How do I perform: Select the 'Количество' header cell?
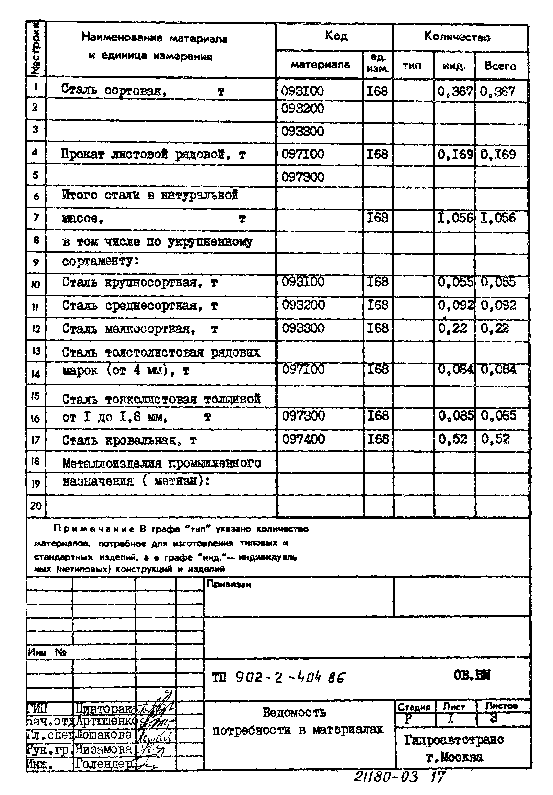point(457,37)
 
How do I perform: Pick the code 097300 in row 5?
point(302,177)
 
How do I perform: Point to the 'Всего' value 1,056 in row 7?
point(497,218)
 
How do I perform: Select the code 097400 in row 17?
point(303,439)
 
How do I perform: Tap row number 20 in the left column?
point(36,506)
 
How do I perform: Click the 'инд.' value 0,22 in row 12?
point(452,328)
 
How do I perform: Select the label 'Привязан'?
point(228,585)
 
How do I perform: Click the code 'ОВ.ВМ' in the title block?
point(472,675)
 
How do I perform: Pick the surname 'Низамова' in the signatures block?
point(104,749)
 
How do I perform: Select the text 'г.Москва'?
point(454,758)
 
